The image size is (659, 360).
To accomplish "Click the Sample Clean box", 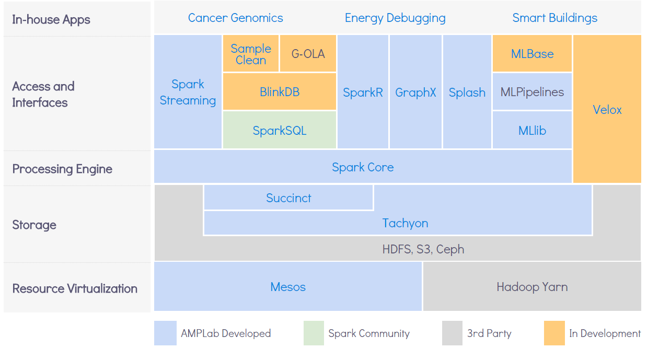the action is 251,53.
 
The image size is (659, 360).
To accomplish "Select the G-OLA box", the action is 308,53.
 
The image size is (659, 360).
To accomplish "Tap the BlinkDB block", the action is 280,91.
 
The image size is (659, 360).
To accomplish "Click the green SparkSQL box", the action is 280,130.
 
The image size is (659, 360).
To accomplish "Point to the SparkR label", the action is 363,92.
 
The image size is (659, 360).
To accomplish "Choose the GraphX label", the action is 415,92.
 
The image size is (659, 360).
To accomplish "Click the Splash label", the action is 467,92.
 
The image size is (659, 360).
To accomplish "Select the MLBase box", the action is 532,53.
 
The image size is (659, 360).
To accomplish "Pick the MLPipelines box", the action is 532,91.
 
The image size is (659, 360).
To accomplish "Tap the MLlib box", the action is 532,130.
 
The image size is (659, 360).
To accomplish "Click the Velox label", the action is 607,110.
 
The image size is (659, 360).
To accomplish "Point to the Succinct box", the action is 288,198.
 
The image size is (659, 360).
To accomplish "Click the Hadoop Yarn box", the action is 532,286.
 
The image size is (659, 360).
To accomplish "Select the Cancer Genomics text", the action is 235,18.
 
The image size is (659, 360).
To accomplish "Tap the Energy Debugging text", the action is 395,18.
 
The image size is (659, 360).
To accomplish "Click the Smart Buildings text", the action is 555,18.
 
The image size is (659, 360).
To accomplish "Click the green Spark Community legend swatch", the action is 314,333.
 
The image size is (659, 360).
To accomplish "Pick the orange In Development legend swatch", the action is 554,333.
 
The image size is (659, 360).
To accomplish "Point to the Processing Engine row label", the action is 62,169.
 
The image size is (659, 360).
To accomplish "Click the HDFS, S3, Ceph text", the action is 423,249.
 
